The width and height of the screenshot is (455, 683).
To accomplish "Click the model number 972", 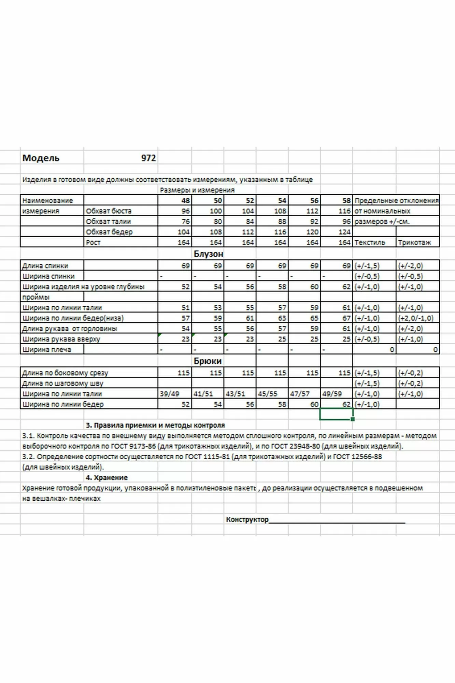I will (148, 158).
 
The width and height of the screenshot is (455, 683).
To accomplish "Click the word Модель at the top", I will (41, 158).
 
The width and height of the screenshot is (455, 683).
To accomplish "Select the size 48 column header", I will (186, 200).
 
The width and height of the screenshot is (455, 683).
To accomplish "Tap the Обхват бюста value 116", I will (344, 211).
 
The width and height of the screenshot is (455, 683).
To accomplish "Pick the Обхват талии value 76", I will (186, 222).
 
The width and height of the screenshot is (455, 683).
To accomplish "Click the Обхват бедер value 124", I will (344, 232).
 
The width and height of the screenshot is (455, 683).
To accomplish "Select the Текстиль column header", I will (370, 242).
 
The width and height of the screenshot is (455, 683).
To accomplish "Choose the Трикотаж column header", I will (414, 242).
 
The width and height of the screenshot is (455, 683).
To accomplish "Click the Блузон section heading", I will (208, 254).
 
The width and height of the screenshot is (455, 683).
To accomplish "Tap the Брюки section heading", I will (208, 361).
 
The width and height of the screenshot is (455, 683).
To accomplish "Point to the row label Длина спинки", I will (45, 266).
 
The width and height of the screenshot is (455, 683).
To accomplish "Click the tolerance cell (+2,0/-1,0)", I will (415, 318).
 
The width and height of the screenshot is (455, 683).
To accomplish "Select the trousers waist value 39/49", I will (169, 394).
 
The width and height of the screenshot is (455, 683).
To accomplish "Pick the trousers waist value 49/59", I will (332, 394).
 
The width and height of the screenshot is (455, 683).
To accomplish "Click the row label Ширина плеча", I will (47, 350).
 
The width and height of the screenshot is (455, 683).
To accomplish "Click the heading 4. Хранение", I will (106, 477).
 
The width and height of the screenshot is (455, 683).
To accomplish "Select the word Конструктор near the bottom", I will (247, 520).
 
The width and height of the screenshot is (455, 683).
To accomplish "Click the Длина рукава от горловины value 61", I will (346, 329).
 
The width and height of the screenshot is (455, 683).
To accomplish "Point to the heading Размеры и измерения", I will (197, 190).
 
